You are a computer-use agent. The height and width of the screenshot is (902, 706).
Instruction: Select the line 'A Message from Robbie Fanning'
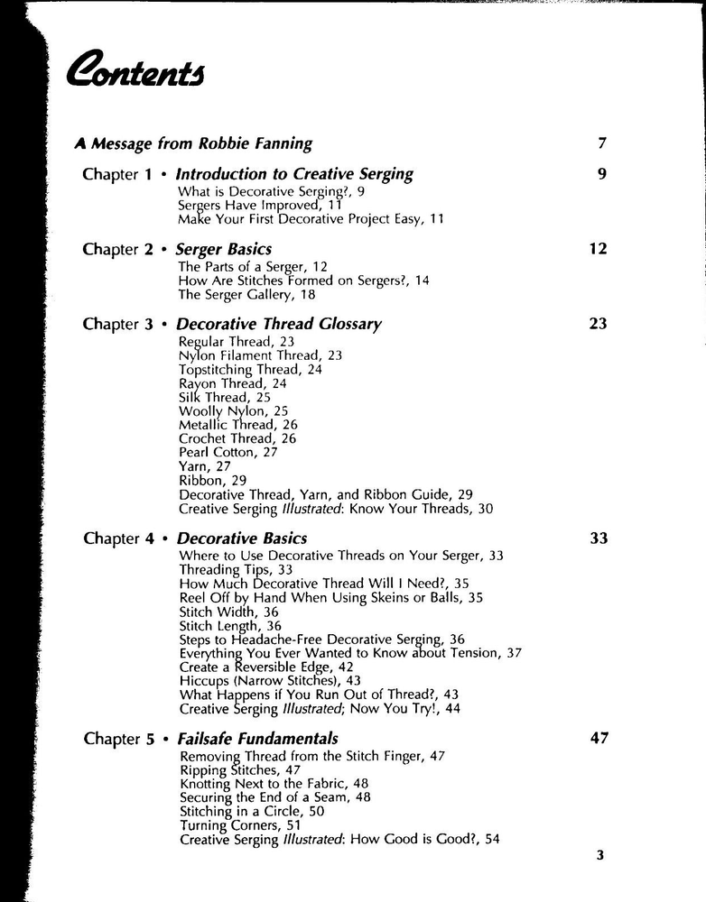(x=193, y=143)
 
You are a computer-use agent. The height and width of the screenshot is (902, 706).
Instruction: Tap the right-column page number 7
(x=601, y=143)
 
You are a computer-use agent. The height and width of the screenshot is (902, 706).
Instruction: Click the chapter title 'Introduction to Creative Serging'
(x=294, y=174)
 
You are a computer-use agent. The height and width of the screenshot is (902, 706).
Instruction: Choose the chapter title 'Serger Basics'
(x=223, y=249)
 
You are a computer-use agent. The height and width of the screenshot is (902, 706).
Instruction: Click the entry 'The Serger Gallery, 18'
(x=242, y=294)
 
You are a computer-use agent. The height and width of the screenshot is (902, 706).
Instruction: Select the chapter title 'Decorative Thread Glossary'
(x=279, y=324)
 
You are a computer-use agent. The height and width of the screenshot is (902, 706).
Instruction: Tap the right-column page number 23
(x=598, y=324)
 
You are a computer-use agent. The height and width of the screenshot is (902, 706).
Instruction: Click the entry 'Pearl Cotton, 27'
(x=228, y=452)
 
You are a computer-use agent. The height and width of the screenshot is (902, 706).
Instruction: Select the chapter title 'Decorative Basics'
(x=241, y=538)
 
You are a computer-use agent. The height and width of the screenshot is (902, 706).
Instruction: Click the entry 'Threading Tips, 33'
(x=236, y=570)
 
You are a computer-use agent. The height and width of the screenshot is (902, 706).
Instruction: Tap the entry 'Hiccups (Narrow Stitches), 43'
(x=270, y=680)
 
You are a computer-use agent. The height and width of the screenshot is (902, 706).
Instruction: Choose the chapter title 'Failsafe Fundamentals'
(x=257, y=739)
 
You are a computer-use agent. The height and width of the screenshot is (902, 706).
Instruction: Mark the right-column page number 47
(x=599, y=739)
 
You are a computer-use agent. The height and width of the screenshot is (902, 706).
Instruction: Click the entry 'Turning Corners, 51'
(x=240, y=825)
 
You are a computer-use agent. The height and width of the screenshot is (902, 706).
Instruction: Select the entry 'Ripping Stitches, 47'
(x=240, y=770)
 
